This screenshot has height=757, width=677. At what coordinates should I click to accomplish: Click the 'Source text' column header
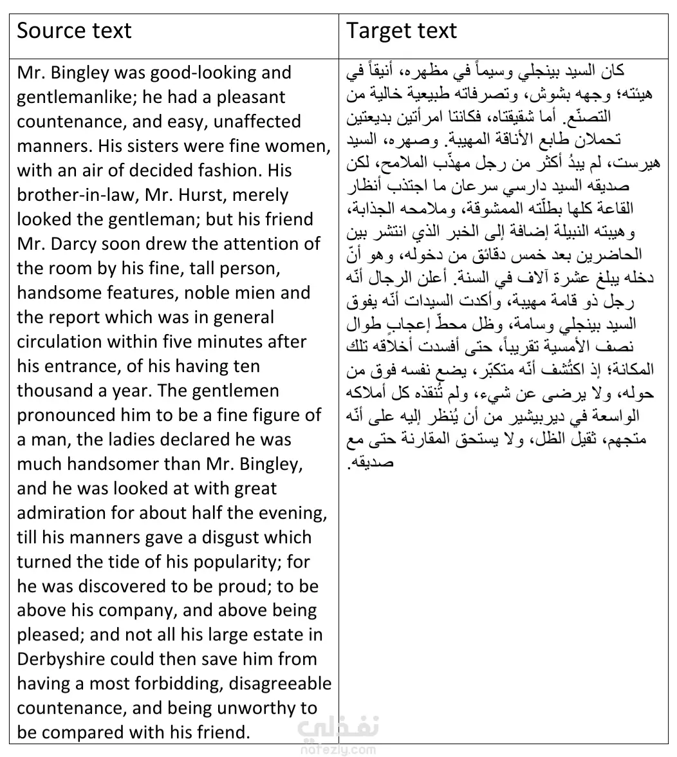coord(74,31)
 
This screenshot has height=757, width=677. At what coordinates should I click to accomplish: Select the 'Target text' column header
coord(402,31)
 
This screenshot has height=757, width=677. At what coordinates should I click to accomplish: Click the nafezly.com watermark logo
coord(337,736)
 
